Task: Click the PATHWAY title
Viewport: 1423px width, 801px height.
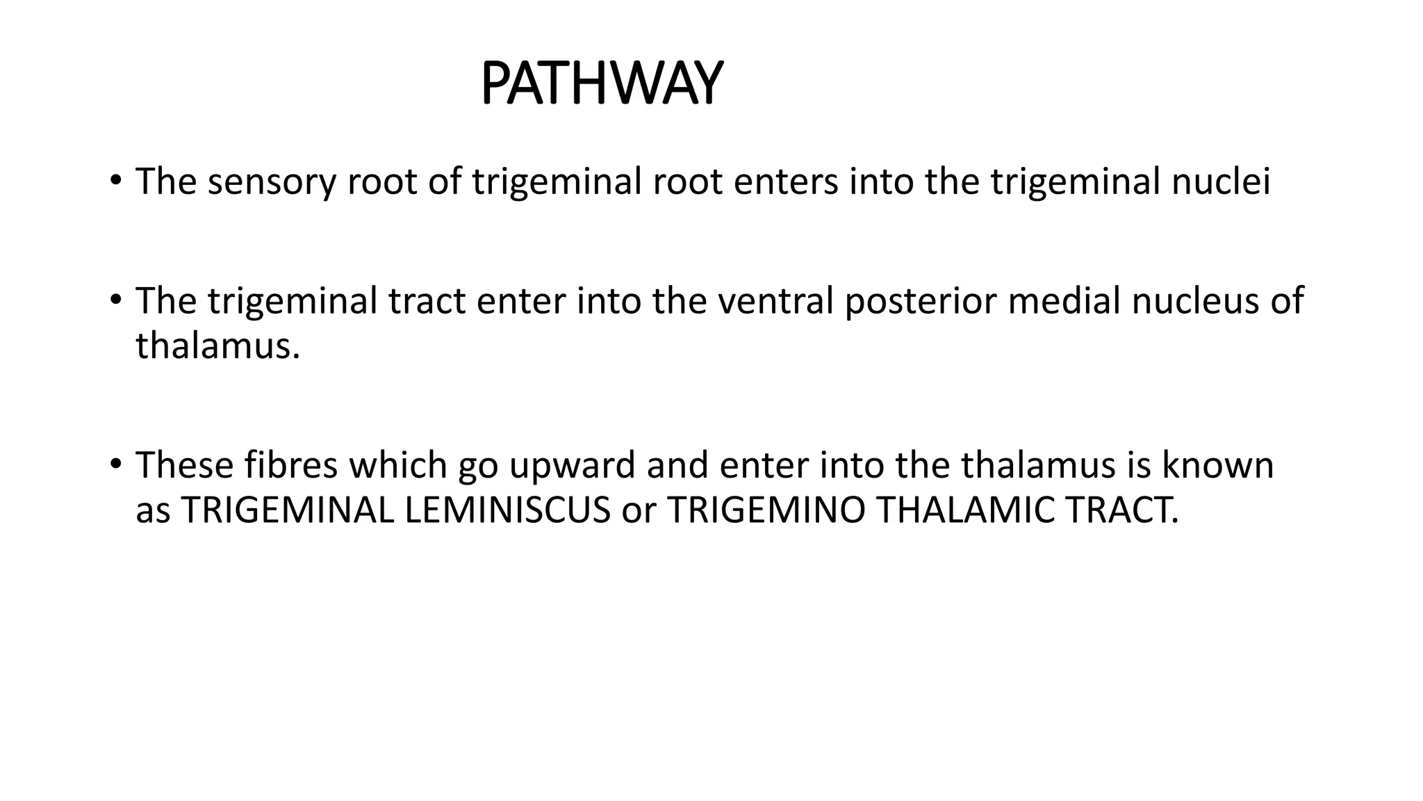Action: coord(601,84)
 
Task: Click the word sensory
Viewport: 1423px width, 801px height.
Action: coord(271,181)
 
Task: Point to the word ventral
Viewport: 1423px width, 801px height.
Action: coord(775,301)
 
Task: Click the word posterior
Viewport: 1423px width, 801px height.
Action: coord(920,301)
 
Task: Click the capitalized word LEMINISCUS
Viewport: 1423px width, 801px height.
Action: coord(507,510)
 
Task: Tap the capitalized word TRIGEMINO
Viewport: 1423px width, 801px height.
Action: coord(766,510)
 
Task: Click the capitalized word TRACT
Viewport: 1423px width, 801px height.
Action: coord(1121,510)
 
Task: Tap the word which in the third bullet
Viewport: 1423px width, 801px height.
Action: coord(398,465)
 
